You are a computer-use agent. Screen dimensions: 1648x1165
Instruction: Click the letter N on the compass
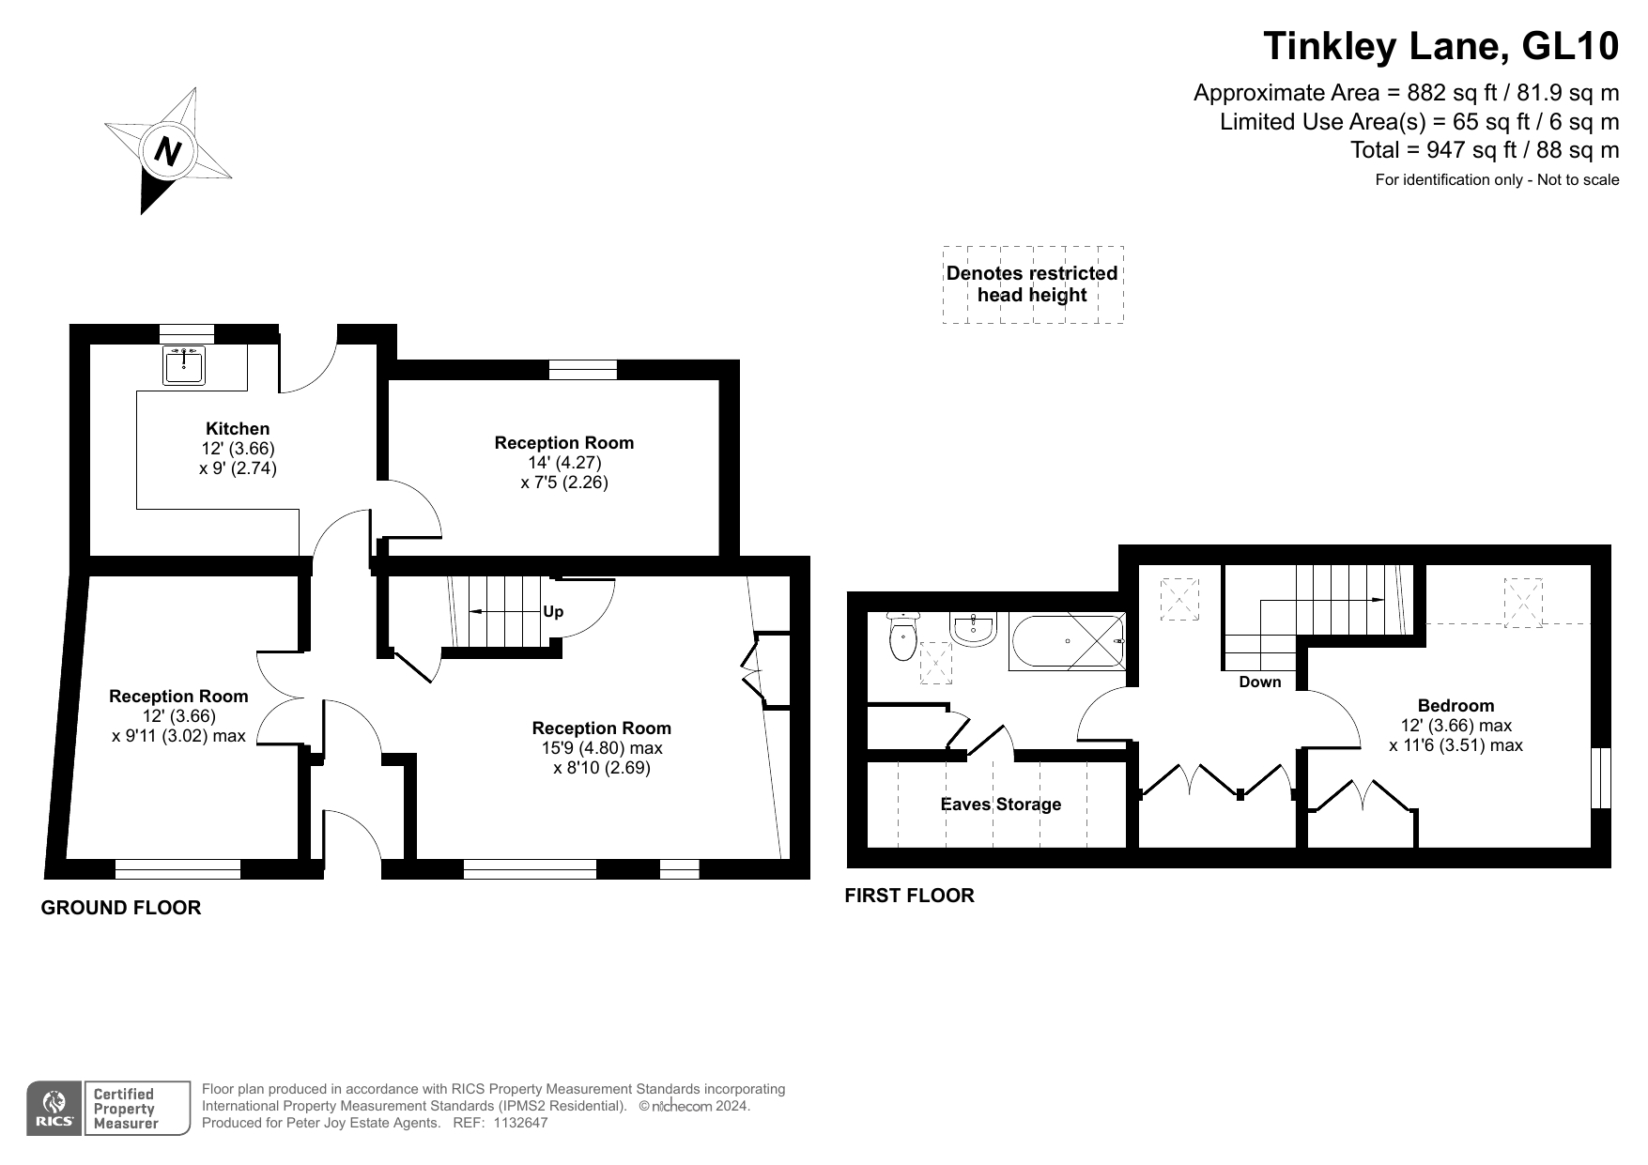(x=168, y=151)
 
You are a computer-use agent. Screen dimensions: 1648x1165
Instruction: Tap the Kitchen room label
(x=238, y=429)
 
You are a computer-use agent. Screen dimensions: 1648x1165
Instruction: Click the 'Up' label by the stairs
(x=553, y=612)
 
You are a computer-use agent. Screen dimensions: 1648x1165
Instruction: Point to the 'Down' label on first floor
(x=1259, y=682)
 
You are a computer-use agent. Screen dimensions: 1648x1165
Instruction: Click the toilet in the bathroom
(x=903, y=636)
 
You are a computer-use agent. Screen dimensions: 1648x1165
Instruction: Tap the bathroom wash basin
(x=974, y=629)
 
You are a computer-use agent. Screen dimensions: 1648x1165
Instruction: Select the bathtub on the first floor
(x=1067, y=642)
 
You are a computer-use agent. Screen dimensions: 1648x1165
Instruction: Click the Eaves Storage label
(x=1001, y=805)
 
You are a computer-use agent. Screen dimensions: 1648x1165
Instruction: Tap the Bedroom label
(x=1455, y=706)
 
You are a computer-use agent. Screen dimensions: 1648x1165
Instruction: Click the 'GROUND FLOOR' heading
(x=121, y=908)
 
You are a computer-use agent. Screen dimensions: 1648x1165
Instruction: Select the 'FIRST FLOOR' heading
(x=909, y=896)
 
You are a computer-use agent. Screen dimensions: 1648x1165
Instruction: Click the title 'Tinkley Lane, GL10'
(x=1441, y=45)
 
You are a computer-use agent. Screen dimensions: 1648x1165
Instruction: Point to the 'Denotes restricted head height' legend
(x=1032, y=284)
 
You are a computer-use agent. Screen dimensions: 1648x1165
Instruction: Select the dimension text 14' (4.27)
(x=564, y=463)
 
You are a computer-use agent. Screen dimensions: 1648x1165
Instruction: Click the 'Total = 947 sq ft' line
(x=1485, y=150)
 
